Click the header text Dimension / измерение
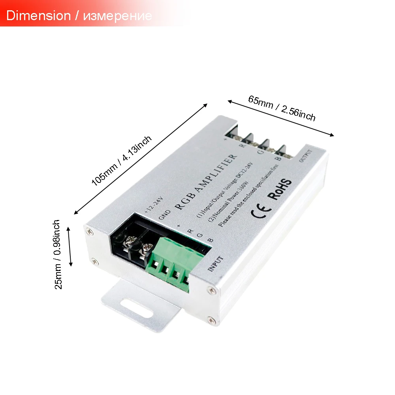pyautogui.click(x=79, y=16)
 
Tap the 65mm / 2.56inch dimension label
pyautogui.click(x=282, y=108)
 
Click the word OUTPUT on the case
pyautogui.click(x=306, y=155)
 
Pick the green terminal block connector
pyautogui.click(x=174, y=263)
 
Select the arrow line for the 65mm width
pyautogui.click(x=281, y=118)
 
